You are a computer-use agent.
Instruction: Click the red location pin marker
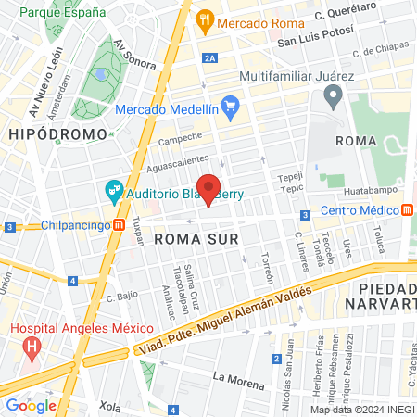[x=209, y=189]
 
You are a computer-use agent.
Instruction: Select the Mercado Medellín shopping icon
[x=232, y=109]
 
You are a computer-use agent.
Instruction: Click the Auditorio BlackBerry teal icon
[x=114, y=192]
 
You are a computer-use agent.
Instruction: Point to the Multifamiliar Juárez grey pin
[x=333, y=95]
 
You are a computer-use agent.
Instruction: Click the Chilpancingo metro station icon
[x=119, y=225]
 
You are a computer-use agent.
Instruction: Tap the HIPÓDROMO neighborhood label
[x=46, y=134]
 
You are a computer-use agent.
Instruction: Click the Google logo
[x=32, y=405]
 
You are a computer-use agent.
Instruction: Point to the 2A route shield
[x=210, y=57]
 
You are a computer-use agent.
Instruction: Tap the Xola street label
[x=110, y=406]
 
